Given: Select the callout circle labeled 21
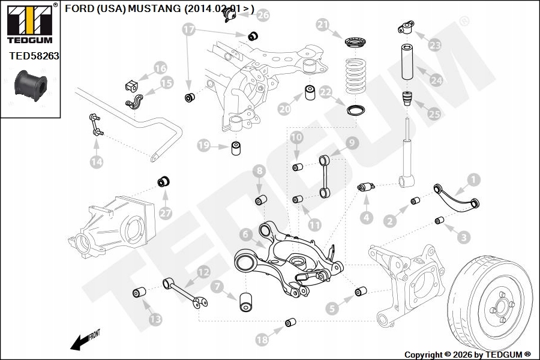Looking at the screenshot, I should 323,25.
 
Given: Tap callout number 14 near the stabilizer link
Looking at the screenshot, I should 96,161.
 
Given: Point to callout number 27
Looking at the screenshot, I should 165,212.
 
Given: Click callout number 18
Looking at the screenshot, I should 262,339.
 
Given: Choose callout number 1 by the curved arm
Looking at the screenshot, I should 474,179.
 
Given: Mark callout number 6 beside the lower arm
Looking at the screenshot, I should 245,233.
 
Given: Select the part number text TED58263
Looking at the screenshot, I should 34,56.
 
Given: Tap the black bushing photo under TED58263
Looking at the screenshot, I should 29,86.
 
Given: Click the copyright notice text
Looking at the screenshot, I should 467,354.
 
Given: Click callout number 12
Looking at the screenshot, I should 204,272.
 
